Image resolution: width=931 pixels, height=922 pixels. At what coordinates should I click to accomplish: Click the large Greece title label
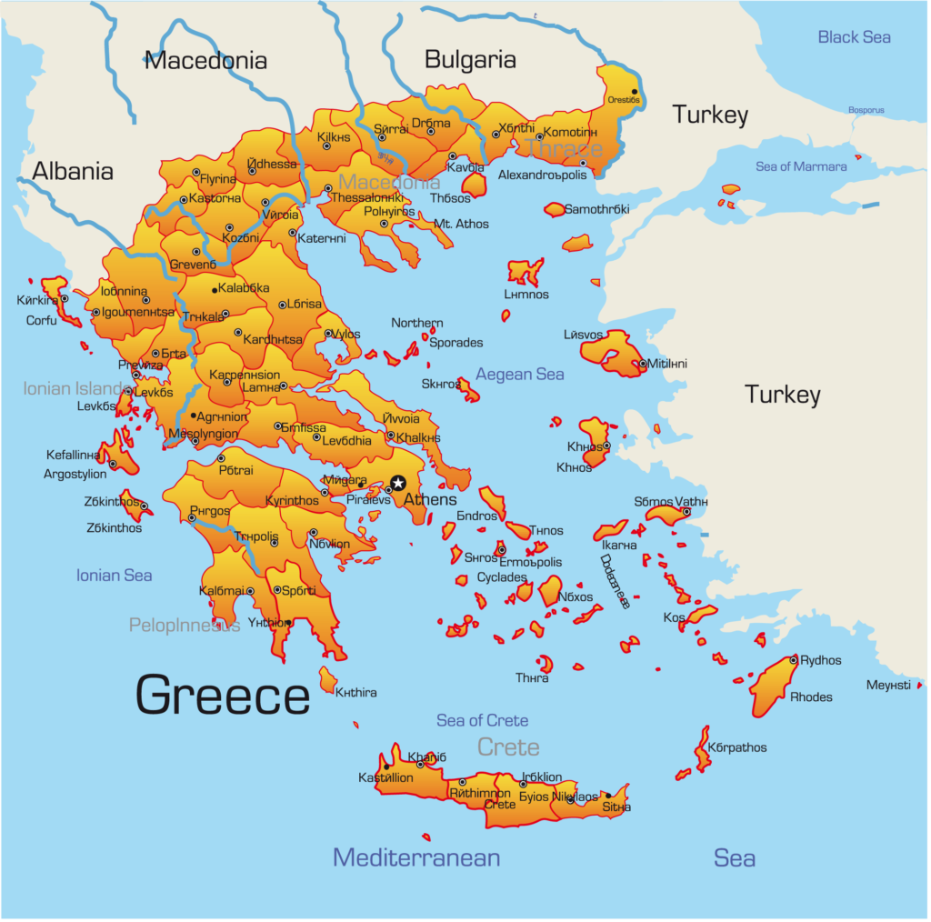[223, 696]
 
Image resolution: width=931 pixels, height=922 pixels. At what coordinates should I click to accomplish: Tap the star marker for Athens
[397, 483]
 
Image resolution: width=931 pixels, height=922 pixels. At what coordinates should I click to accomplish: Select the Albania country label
[73, 172]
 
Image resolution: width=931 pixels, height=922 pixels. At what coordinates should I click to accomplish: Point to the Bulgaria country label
[470, 60]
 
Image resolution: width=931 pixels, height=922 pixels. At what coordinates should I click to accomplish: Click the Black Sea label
[854, 37]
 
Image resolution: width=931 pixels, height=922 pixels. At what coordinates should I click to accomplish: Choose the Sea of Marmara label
[801, 166]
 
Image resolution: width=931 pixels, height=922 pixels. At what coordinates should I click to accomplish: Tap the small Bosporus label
[866, 110]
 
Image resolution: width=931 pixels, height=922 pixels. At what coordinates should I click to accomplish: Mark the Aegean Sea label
[519, 375]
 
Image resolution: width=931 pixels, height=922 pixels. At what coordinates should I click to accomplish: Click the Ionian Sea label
[114, 576]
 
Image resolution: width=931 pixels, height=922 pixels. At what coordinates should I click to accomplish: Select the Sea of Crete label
[482, 721]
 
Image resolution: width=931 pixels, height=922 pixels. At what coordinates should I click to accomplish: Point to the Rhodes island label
[811, 697]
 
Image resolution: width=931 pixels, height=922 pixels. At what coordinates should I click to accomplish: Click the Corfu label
[41, 321]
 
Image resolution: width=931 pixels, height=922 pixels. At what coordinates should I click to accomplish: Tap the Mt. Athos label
[461, 225]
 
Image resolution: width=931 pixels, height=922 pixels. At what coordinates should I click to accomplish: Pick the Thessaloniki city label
[366, 197]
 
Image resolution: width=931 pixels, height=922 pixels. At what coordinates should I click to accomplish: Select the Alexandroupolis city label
[543, 175]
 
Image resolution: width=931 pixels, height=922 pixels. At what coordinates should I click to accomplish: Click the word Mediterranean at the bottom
[416, 857]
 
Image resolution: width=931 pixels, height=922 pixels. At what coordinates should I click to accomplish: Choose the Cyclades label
[502, 577]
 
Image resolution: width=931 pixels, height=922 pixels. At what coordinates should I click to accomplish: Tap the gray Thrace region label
[564, 148]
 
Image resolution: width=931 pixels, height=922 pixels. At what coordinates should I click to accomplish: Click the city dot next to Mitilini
[642, 364]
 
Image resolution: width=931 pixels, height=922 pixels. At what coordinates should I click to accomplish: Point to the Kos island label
[674, 617]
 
